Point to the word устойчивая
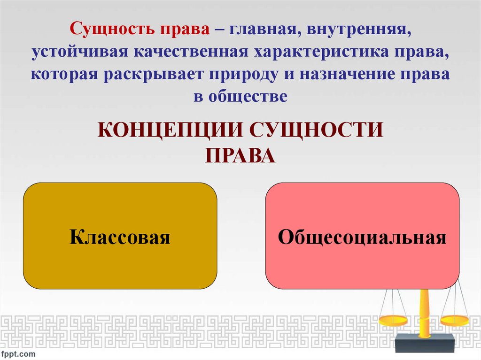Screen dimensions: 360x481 (79, 52)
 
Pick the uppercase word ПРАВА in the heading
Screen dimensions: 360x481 (240, 155)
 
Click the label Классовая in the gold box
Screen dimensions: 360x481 (120, 237)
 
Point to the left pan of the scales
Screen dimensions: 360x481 (393, 321)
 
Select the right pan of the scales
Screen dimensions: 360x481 (455, 321)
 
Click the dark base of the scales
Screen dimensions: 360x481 (425, 343)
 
